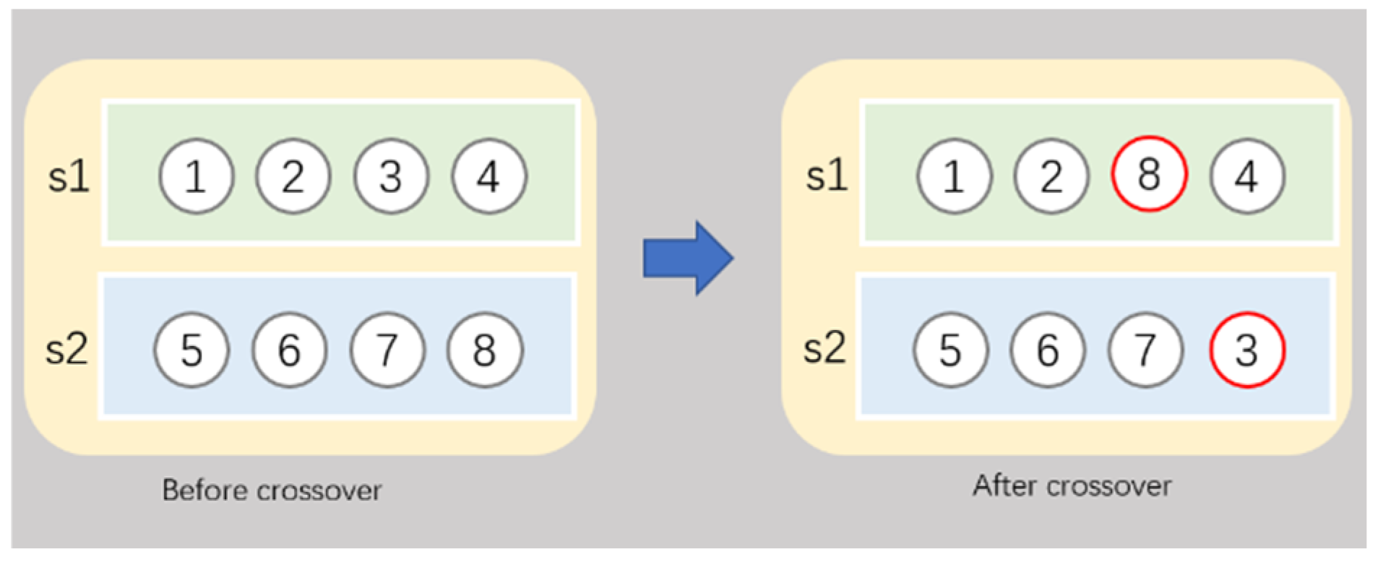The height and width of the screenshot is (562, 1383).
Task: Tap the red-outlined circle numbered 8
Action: (x=1148, y=175)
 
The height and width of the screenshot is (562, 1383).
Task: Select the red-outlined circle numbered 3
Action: (x=1246, y=350)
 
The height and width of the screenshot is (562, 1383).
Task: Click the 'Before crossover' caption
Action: (x=272, y=490)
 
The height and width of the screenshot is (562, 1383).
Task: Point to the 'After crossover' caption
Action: (x=1072, y=486)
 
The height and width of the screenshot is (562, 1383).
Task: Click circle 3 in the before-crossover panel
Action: (x=390, y=176)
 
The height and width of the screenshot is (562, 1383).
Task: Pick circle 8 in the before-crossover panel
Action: (x=484, y=350)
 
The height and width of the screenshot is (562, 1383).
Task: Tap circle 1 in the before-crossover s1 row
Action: (x=196, y=176)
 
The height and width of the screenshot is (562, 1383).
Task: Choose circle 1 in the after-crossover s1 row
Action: (x=954, y=176)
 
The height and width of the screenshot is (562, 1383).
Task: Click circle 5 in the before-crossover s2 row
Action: (x=191, y=350)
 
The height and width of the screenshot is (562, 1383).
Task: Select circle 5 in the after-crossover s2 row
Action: (x=950, y=350)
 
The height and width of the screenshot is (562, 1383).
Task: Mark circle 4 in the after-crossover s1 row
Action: (x=1246, y=176)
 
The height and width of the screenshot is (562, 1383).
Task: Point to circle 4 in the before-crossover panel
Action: (x=489, y=176)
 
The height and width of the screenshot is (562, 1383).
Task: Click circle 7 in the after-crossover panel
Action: (x=1145, y=350)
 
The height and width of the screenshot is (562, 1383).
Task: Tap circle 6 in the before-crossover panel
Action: (x=289, y=350)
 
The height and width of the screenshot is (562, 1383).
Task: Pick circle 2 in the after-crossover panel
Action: (x=1051, y=176)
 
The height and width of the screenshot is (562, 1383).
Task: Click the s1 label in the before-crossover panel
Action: (x=69, y=176)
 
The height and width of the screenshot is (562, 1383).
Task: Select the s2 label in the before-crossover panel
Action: (x=66, y=350)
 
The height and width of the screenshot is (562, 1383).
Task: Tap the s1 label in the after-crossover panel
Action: (x=827, y=176)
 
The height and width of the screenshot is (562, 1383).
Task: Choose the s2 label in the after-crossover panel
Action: (x=824, y=348)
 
